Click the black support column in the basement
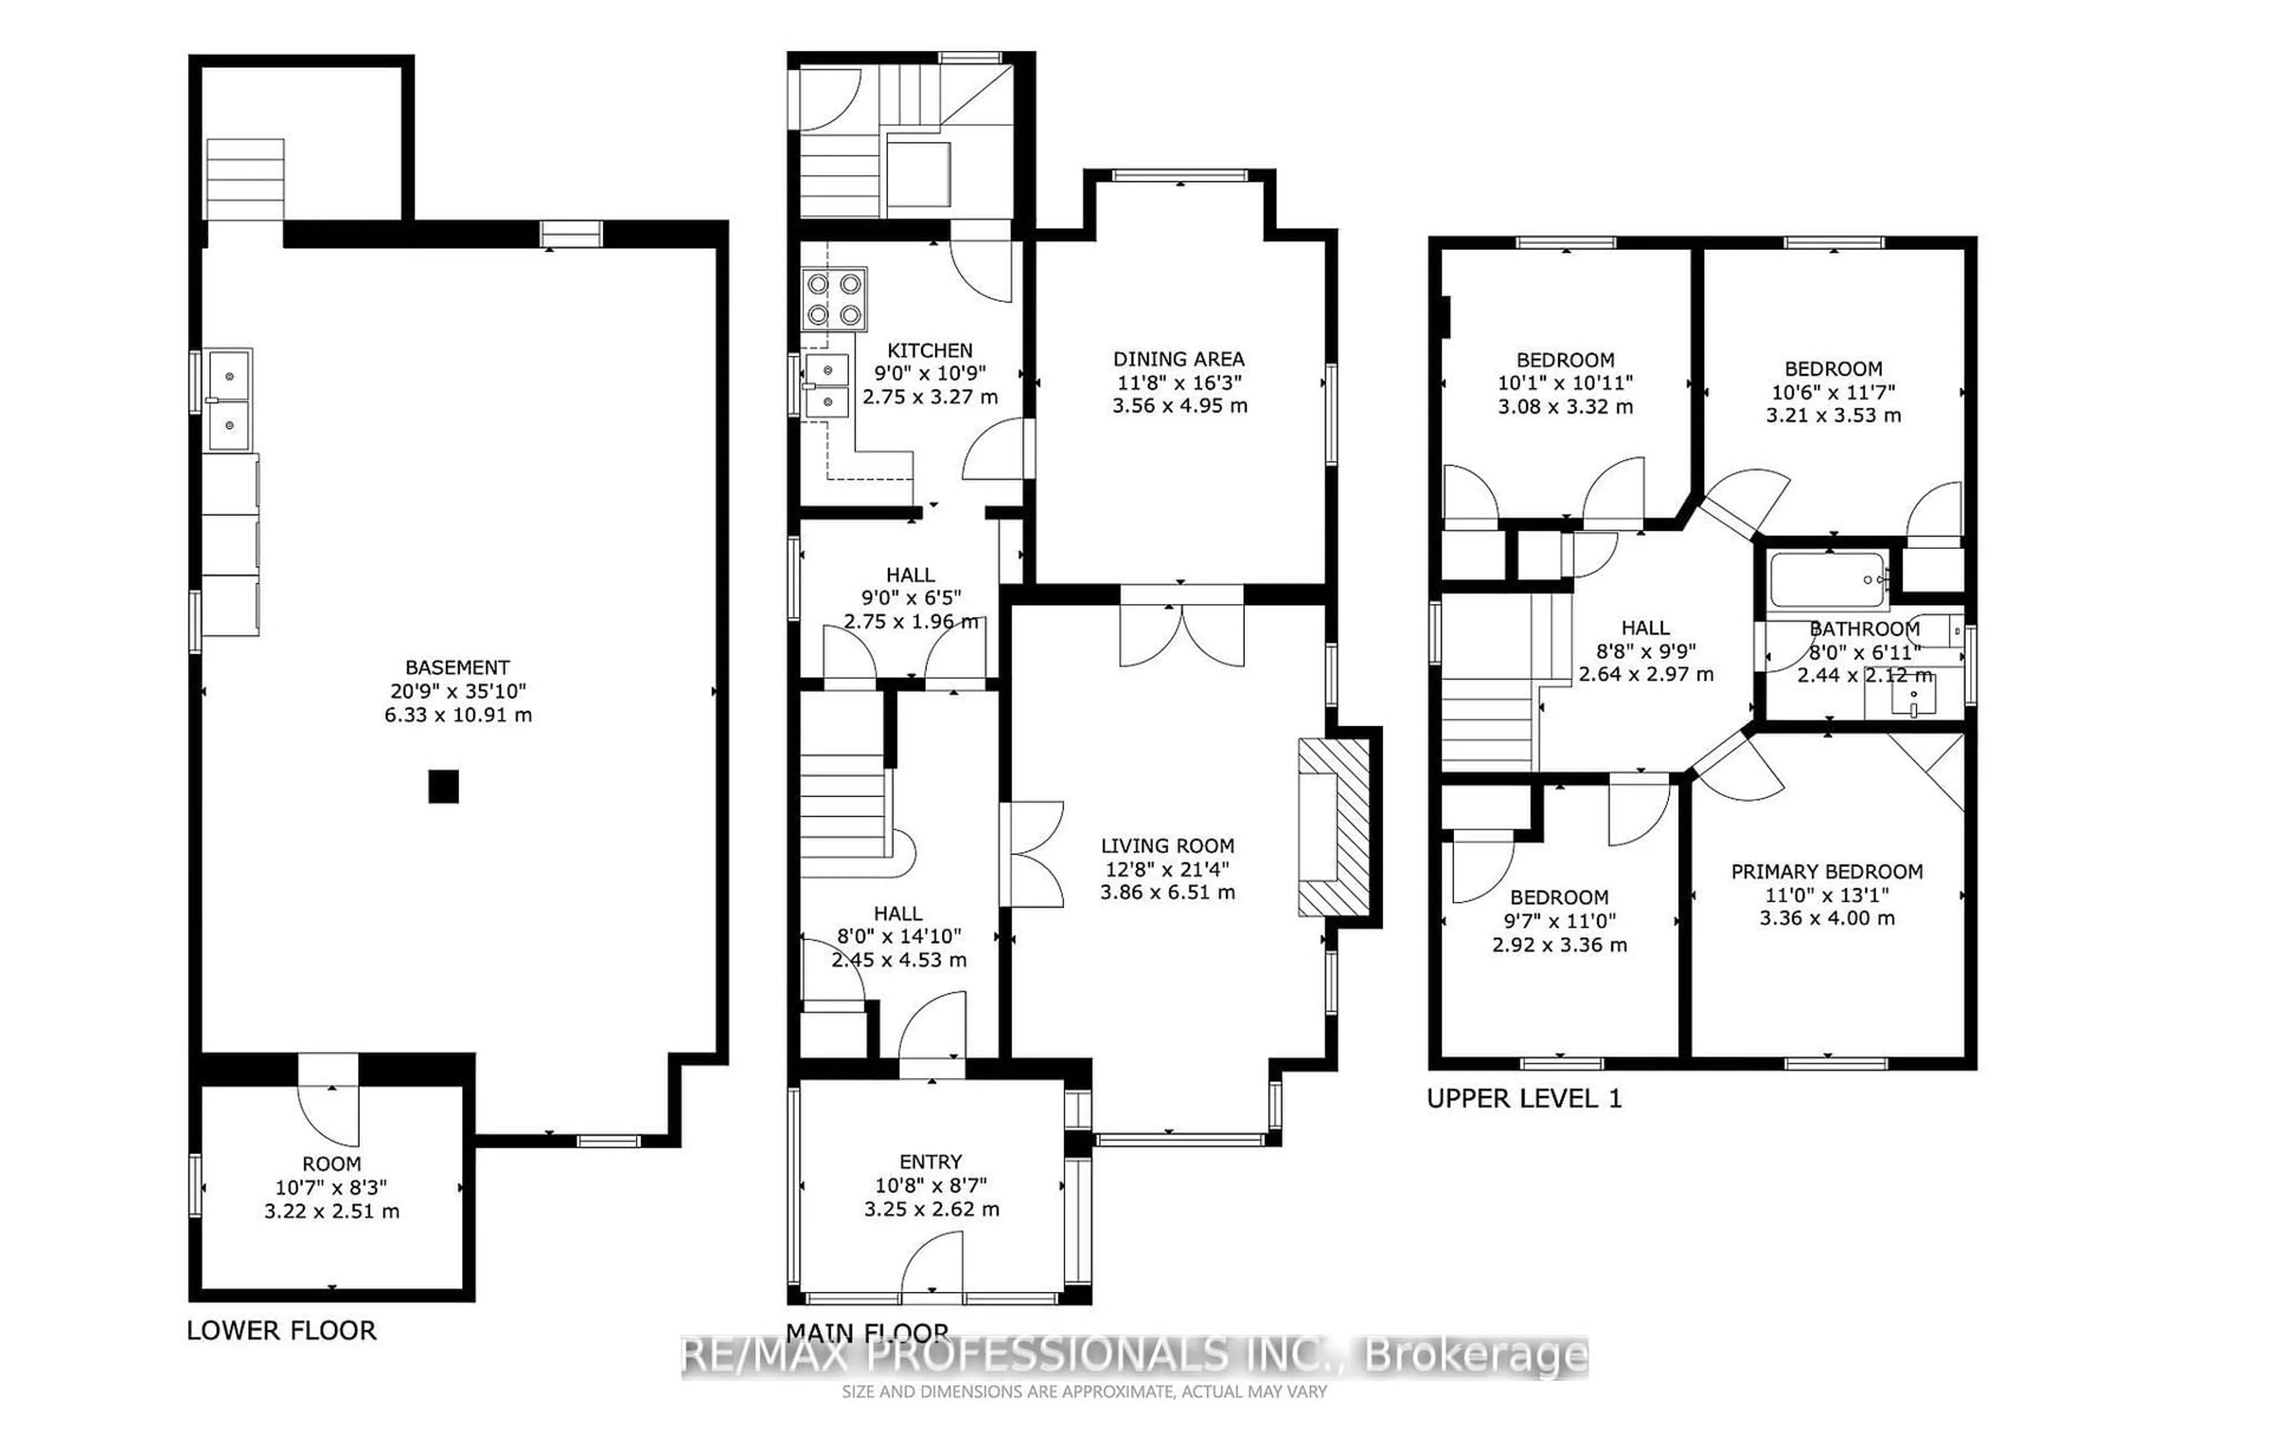[443, 786]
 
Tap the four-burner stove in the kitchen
[834, 298]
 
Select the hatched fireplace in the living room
[1333, 826]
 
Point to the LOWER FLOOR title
[281, 1330]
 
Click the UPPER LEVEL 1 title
[1524, 1099]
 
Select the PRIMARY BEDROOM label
[1826, 872]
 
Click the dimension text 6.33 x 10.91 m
[458, 715]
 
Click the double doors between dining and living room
[1182, 629]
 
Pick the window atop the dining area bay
[1180, 176]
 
